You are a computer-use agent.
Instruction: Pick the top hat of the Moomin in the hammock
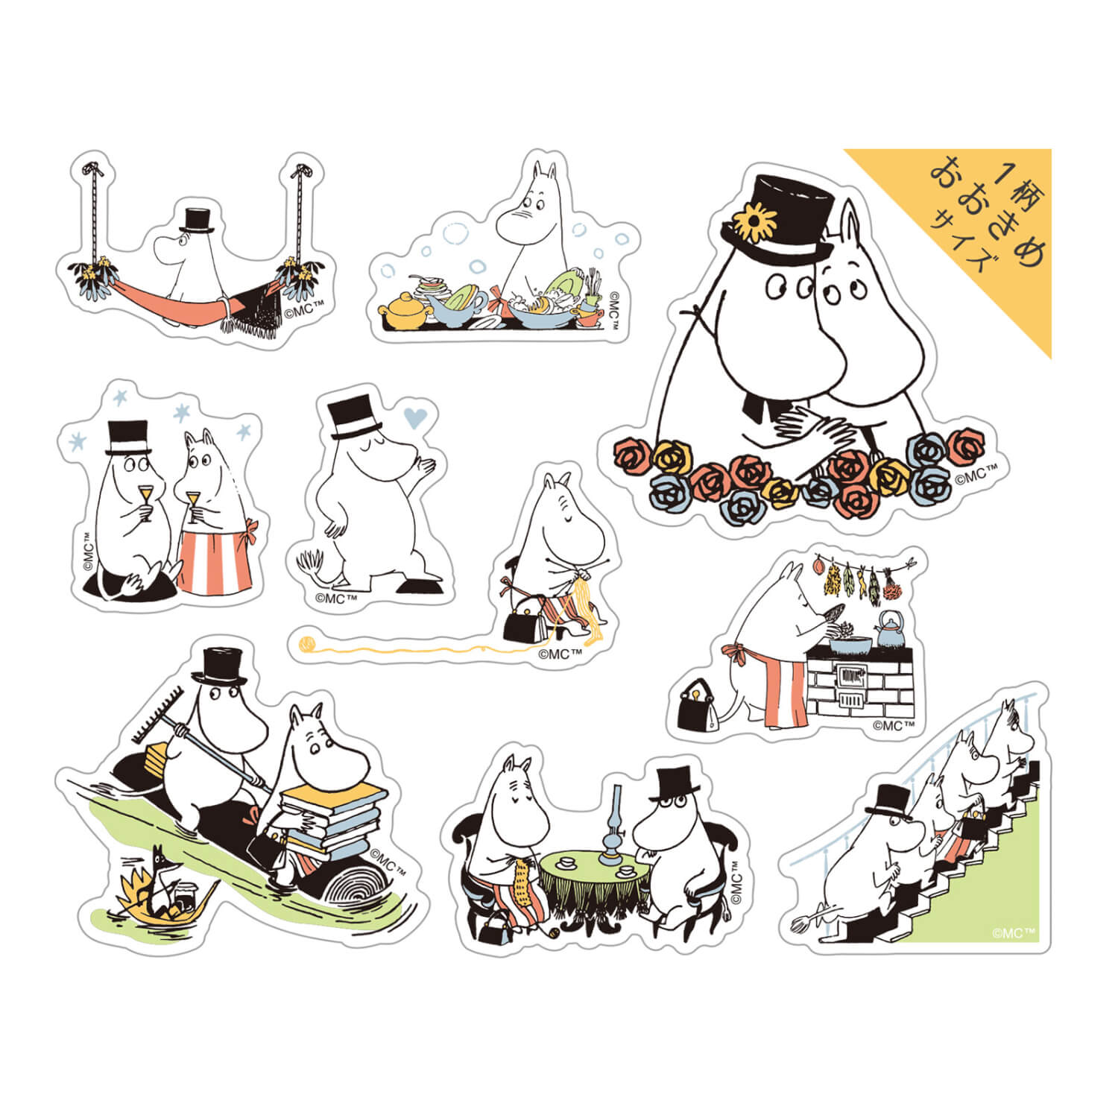point(196,220)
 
